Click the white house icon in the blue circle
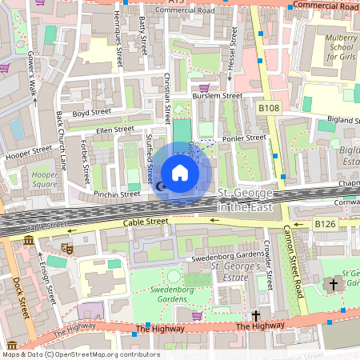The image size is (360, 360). pos(180,173)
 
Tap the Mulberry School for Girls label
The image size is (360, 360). pos(336,48)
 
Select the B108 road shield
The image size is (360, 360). pos(269,106)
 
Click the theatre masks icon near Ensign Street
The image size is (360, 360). pos(67,250)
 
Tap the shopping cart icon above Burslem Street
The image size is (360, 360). pos(204,88)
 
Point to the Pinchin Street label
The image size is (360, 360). pos(117,194)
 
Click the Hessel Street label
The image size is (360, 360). pos(232,52)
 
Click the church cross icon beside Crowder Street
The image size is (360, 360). pos(256,316)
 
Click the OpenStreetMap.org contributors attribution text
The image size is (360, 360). pos(104,354)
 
